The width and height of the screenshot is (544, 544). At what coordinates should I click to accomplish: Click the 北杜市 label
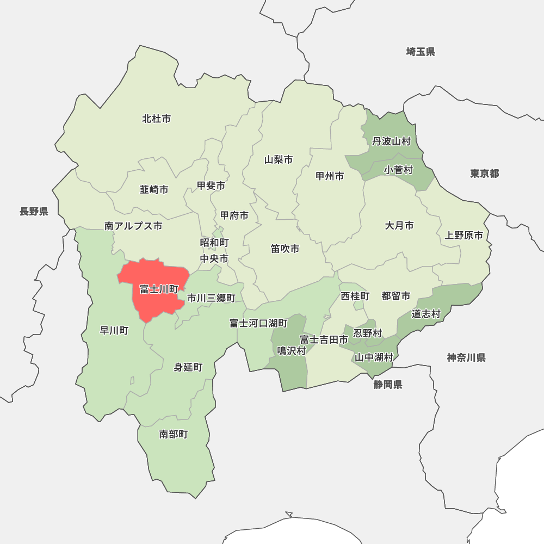pos(157,119)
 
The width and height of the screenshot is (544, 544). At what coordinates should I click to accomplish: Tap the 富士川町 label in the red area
pos(159,289)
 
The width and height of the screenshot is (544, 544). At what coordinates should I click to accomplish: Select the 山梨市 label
pos(279,160)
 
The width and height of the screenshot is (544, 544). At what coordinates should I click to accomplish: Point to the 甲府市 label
pos(234,216)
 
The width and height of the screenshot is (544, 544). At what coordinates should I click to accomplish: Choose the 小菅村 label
pos(399,170)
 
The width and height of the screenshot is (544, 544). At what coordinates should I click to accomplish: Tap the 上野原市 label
pos(463,236)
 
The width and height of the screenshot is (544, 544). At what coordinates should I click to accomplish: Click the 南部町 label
pos(174,434)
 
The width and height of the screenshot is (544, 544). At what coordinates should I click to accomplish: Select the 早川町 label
pos(114,330)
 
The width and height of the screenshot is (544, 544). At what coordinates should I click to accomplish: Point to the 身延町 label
pos(188,368)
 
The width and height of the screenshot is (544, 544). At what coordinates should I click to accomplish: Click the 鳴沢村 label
pos(292,351)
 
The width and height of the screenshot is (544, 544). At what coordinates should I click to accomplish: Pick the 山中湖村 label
pos(374,357)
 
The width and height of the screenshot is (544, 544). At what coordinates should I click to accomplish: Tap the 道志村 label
pos(426,314)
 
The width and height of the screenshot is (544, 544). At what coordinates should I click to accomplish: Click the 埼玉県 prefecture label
pos(421,52)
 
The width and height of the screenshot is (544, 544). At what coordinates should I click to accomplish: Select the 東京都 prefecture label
pos(485,174)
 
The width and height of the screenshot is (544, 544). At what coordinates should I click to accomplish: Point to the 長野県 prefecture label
pos(34,212)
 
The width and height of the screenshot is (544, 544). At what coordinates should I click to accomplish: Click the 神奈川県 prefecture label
pos(466,357)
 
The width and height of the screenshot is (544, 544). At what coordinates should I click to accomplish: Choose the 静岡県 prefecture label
pos(388,385)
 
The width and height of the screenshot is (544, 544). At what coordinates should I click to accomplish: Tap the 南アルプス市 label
pos(133,226)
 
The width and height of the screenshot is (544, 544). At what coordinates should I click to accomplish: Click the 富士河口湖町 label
pos(258,324)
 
